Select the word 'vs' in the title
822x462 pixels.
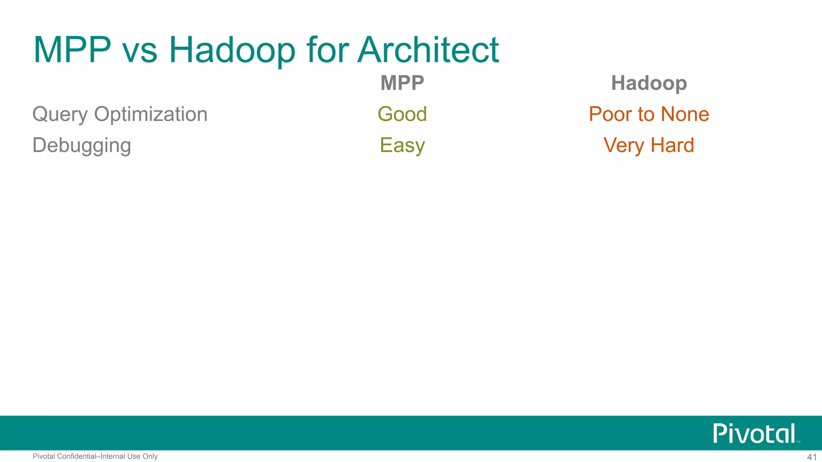140,52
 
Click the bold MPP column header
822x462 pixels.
402,83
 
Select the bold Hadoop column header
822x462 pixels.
649,83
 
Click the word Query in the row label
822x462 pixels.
60,115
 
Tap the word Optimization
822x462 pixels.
151,115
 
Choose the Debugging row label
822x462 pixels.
82,146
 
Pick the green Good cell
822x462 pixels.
402,114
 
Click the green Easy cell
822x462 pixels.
402,146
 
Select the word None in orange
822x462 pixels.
685,114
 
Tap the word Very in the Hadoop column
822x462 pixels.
624,146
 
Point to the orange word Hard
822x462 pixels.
672,145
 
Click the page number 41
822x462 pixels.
812,457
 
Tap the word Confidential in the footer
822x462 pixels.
77,456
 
